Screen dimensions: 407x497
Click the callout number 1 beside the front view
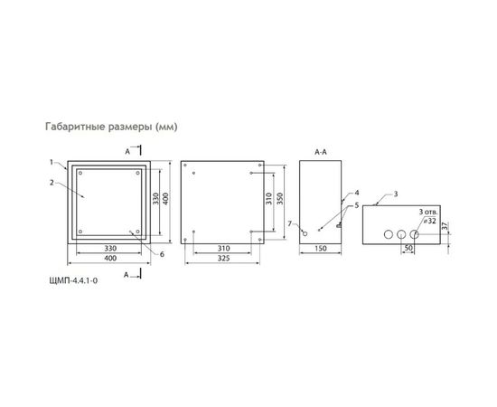coord(53,163)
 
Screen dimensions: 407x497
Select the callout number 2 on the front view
coord(53,182)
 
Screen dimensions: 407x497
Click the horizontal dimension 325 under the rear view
coord(221,259)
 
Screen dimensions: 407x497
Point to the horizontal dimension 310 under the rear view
coord(221,246)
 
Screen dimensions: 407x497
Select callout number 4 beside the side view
coord(357,193)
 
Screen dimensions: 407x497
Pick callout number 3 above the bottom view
coord(395,194)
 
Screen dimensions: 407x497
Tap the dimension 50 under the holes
coord(408,247)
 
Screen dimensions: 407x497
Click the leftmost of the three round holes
coord(388,234)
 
